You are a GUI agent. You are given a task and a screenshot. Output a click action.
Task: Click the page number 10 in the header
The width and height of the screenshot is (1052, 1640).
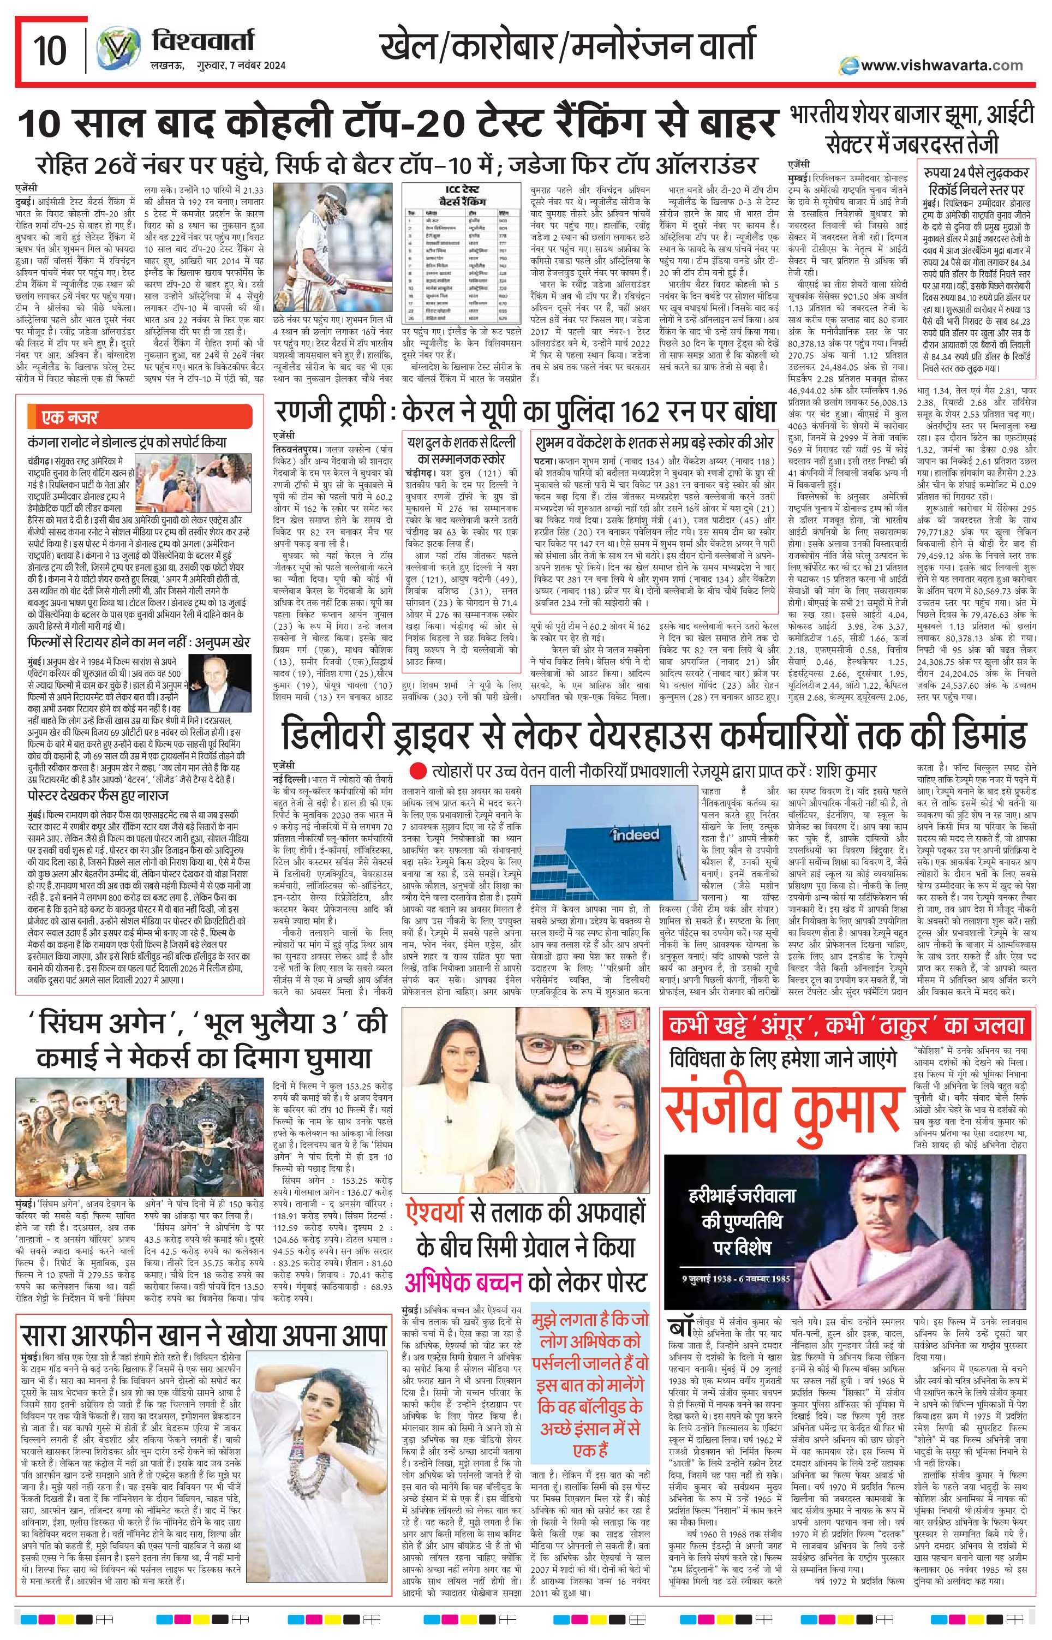(52, 50)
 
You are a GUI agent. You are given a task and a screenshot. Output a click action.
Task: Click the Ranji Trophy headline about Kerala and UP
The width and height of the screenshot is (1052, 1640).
(525, 412)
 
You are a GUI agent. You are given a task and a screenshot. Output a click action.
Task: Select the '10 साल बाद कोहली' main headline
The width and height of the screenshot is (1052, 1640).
(396, 125)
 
